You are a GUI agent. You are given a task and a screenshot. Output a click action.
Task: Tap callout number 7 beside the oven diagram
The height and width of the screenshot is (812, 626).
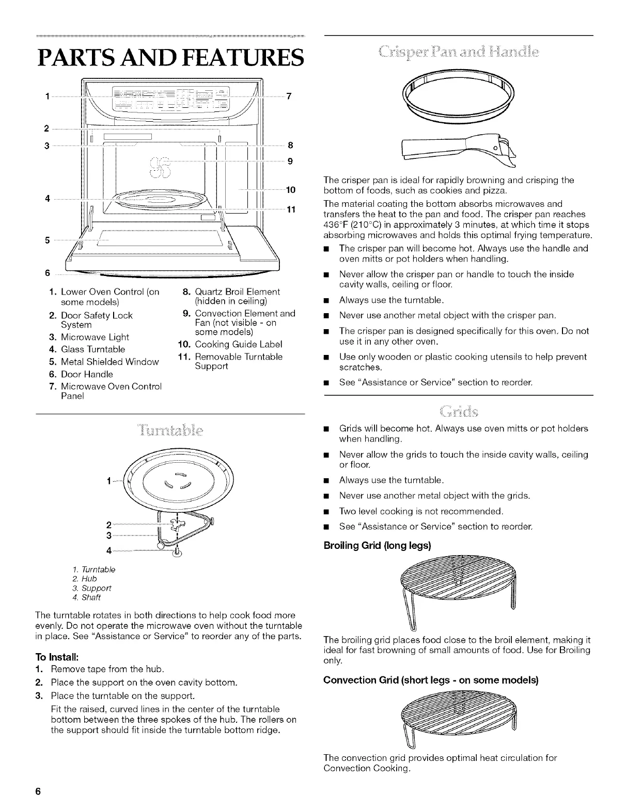coord(289,96)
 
